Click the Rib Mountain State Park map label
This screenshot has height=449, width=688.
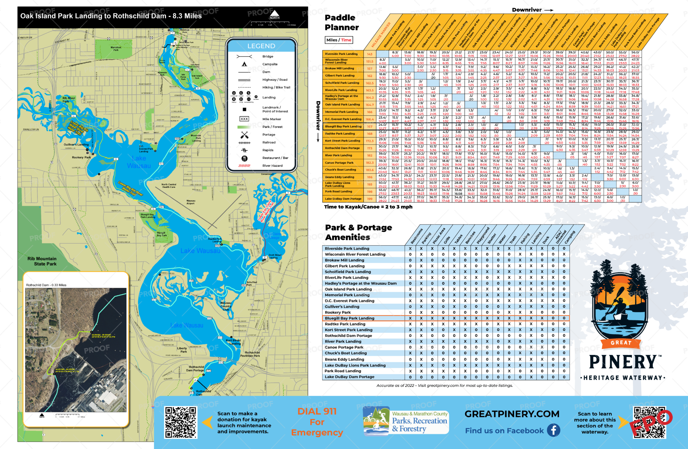tap(42, 261)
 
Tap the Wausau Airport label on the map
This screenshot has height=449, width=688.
tap(190, 202)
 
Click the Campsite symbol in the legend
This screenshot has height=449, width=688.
tap(244, 64)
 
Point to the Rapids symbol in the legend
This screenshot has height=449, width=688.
tap(244, 150)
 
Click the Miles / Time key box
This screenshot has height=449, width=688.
tap(339, 40)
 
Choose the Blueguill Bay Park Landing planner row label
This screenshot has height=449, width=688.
tap(343, 127)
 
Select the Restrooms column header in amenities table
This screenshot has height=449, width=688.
tap(416, 237)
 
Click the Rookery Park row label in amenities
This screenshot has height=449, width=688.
tap(338, 313)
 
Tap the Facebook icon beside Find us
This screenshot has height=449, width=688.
tap(553, 430)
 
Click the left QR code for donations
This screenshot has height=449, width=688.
tap(180, 422)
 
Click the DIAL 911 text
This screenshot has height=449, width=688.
tap(317, 411)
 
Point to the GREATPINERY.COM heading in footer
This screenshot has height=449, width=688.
tap(512, 414)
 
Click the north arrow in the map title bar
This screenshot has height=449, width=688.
tap(274, 14)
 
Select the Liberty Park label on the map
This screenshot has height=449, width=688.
tap(182, 350)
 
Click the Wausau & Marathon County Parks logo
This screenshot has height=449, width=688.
tap(406, 421)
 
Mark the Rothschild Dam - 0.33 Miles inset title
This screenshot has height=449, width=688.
tap(46, 285)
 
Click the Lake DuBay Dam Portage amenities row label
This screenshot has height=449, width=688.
tap(349, 377)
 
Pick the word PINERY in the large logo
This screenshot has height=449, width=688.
tap(622, 362)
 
